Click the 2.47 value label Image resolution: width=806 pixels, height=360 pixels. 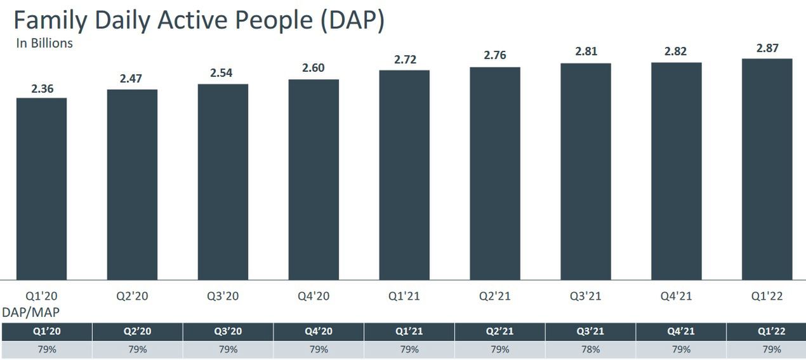[131, 79]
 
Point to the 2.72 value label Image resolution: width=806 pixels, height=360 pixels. [404, 60]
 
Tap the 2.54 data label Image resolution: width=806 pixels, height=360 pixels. [221, 73]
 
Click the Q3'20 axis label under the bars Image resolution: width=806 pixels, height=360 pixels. [223, 296]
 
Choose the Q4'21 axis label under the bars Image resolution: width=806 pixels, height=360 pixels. [676, 296]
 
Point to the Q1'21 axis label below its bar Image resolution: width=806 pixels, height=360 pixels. [404, 296]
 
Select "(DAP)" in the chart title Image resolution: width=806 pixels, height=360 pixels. [352, 21]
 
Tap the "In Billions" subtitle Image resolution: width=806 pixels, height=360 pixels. [44, 43]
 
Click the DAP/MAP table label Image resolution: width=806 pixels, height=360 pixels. [31, 312]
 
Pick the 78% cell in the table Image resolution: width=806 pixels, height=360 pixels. [590, 349]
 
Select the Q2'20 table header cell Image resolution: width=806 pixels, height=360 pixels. [137, 331]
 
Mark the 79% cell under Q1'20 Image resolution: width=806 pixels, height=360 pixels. [46, 349]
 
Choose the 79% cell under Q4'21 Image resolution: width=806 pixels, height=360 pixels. [681, 349]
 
